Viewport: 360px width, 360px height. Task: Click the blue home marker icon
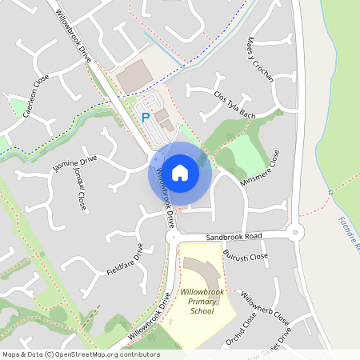click(180, 172)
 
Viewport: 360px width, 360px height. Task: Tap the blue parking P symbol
click(146, 118)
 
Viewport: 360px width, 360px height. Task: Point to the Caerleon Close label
click(36, 96)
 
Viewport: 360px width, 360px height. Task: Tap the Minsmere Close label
click(264, 169)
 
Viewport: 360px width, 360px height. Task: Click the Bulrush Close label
click(246, 257)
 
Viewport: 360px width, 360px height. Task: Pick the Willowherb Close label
click(265, 308)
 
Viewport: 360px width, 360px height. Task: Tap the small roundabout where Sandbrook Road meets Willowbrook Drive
click(171, 238)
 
